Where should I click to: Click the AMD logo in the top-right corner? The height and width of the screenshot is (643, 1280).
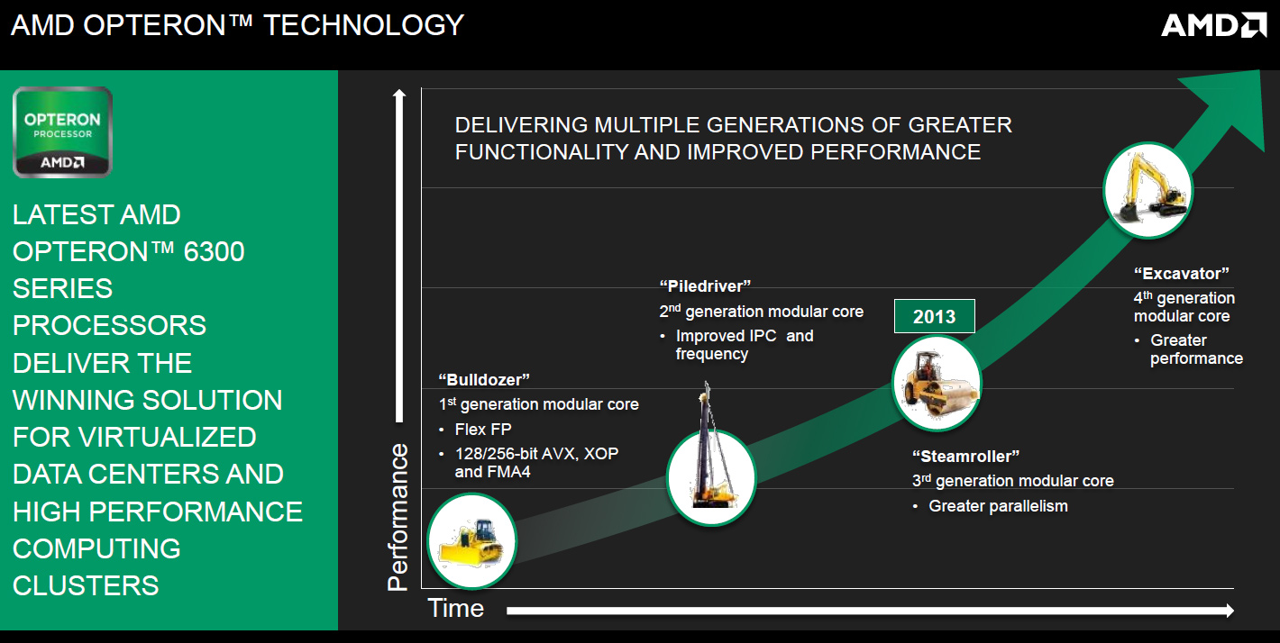(1213, 25)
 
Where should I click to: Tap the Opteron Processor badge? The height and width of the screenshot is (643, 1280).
(62, 131)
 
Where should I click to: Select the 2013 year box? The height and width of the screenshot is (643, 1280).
(934, 316)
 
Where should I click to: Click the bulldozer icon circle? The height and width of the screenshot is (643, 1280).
(472, 541)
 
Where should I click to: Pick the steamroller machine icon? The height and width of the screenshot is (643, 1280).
(937, 384)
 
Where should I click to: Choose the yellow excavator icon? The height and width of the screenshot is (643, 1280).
(1148, 190)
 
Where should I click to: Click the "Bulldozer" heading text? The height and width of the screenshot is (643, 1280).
(484, 380)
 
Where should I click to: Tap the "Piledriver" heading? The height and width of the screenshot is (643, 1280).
(705, 286)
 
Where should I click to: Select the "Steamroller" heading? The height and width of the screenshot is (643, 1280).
(965, 457)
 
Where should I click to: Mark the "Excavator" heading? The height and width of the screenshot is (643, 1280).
(1181, 274)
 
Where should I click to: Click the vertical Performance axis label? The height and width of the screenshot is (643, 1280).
(398, 517)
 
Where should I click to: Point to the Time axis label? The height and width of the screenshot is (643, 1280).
(456, 608)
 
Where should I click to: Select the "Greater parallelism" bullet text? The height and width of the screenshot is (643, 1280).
(998, 506)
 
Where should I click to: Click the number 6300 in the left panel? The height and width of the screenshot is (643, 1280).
(214, 252)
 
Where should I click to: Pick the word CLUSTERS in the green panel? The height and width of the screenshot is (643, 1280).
(86, 586)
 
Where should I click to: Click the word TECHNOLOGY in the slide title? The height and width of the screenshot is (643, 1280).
(364, 25)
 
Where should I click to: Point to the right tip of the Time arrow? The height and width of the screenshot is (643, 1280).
(1234, 611)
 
